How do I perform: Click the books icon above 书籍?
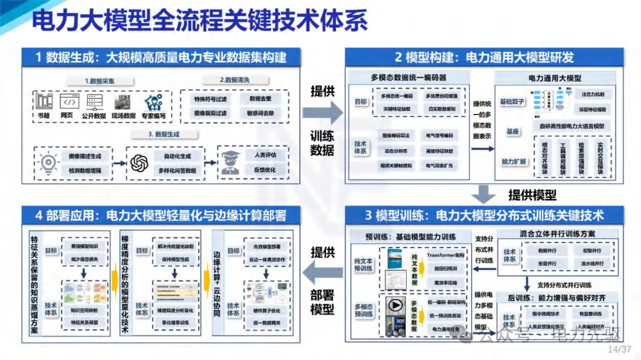[43, 100]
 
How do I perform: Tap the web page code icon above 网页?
[67, 100]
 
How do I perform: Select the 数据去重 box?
[260, 99]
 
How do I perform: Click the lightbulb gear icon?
[46, 162]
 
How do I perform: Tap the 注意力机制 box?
[593, 94]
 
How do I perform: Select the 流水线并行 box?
[592, 263]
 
